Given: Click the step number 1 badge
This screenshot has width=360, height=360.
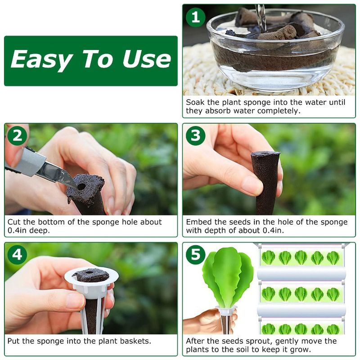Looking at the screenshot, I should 195,18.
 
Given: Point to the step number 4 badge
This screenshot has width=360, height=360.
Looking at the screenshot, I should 17,255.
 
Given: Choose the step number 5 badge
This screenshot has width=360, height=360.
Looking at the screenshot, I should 195,255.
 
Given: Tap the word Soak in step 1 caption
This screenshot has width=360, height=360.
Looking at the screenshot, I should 195,103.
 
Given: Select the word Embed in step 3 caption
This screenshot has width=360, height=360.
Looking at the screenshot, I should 198,222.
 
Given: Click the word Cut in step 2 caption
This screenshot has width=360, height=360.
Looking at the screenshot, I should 14,222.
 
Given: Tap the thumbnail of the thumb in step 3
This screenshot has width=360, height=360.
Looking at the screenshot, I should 253,185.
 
